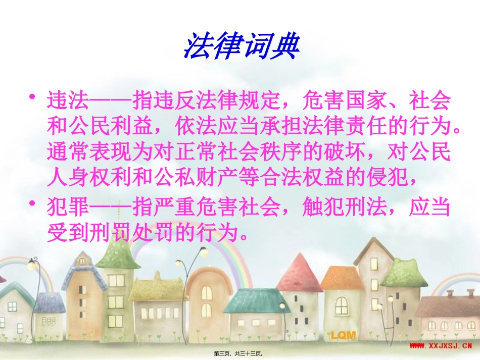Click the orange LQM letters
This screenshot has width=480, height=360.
click(x=344, y=334)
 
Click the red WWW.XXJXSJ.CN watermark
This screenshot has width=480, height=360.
click(x=440, y=346)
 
